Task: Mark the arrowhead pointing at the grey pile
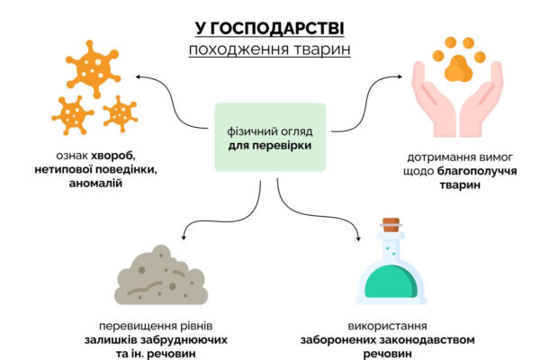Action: pyautogui.click(x=184, y=238)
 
